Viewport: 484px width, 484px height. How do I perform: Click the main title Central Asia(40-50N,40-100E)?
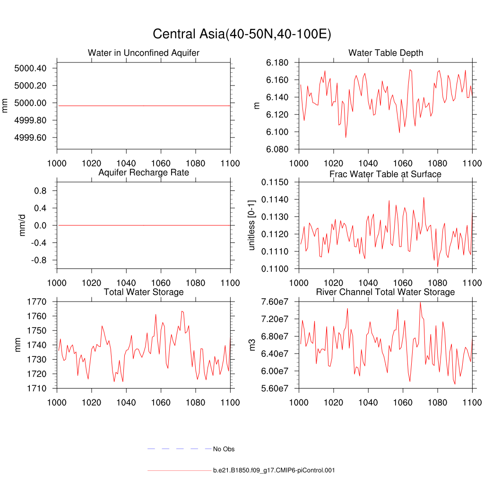click(x=242, y=34)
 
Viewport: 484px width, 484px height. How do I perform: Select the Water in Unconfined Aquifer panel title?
click(x=144, y=53)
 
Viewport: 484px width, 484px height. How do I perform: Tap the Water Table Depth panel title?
click(x=386, y=52)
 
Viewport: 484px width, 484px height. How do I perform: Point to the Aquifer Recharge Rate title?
click(x=144, y=173)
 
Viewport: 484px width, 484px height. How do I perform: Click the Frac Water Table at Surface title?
click(x=386, y=174)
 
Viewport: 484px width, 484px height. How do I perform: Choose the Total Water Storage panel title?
click(x=144, y=292)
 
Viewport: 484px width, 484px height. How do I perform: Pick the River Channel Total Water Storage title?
click(x=386, y=292)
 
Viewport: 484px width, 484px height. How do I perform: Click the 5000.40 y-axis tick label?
click(x=31, y=69)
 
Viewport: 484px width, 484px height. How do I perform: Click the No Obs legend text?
click(x=224, y=449)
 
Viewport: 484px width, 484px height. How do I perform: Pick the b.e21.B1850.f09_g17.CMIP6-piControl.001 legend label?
click(x=274, y=470)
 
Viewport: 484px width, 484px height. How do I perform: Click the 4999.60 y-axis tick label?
click(x=31, y=138)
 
